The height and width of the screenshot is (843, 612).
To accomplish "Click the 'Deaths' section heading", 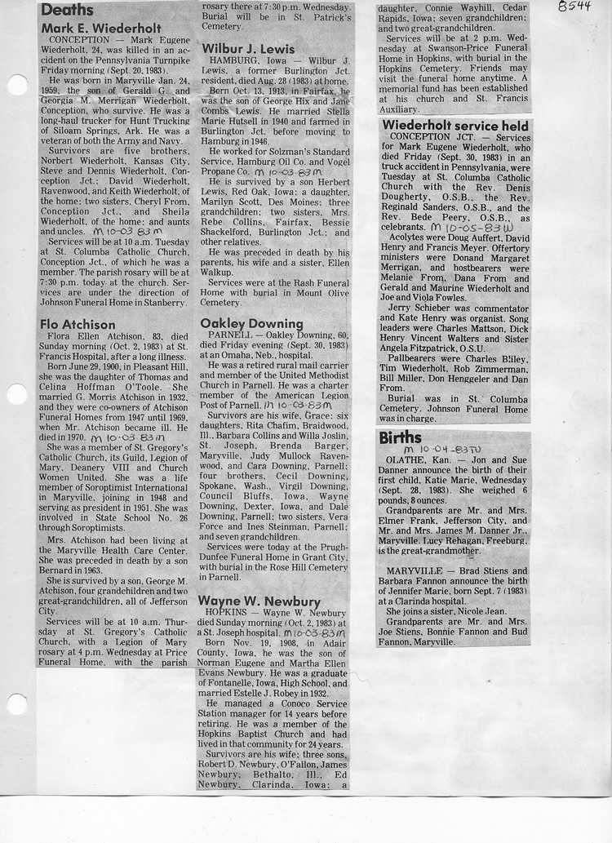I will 68,10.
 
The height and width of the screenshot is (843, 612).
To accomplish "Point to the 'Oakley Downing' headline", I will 251,323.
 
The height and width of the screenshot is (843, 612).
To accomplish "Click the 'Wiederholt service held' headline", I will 455,125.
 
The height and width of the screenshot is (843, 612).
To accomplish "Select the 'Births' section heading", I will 401,437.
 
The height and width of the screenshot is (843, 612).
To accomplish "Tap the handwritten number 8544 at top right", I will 575,7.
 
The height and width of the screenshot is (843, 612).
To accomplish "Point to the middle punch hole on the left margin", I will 16,395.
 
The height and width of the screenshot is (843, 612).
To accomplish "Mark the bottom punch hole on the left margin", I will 16,703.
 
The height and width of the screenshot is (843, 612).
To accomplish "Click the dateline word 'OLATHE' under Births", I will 403,461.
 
